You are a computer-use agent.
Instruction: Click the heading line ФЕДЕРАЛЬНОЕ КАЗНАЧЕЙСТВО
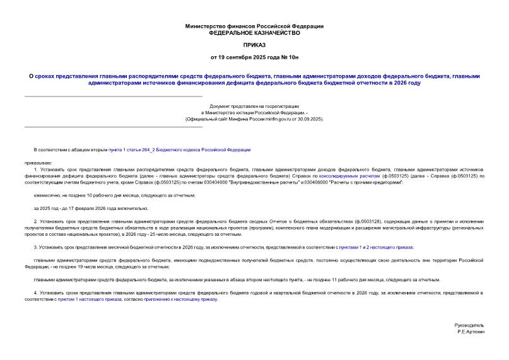coord(254,32)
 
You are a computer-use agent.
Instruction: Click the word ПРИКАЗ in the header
coord(254,45)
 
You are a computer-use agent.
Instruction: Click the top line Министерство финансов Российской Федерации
coord(254,26)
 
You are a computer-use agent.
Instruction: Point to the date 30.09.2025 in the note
coord(310,119)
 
